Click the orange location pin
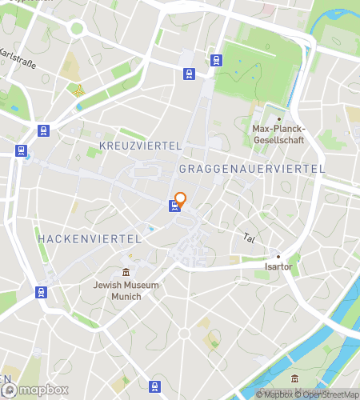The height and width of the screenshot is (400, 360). pyautogui.click(x=180, y=199)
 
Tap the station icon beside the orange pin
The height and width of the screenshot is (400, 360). pyautogui.click(x=174, y=206)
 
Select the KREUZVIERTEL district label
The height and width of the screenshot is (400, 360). pyautogui.click(x=142, y=145)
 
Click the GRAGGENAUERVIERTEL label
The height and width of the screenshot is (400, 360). pyautogui.click(x=252, y=169)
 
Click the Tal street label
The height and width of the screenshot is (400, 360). pyautogui.click(x=248, y=238)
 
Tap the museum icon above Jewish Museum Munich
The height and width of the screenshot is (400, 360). pyautogui.click(x=126, y=273)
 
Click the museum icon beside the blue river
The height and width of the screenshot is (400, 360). pyautogui.click(x=295, y=378)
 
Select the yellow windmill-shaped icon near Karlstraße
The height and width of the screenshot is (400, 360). pyautogui.click(x=78, y=90)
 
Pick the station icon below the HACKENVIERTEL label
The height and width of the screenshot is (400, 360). pyautogui.click(x=41, y=292)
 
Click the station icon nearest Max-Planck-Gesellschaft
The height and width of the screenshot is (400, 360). pyautogui.click(x=215, y=59)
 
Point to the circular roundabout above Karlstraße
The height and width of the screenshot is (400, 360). pyautogui.click(x=77, y=28)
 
